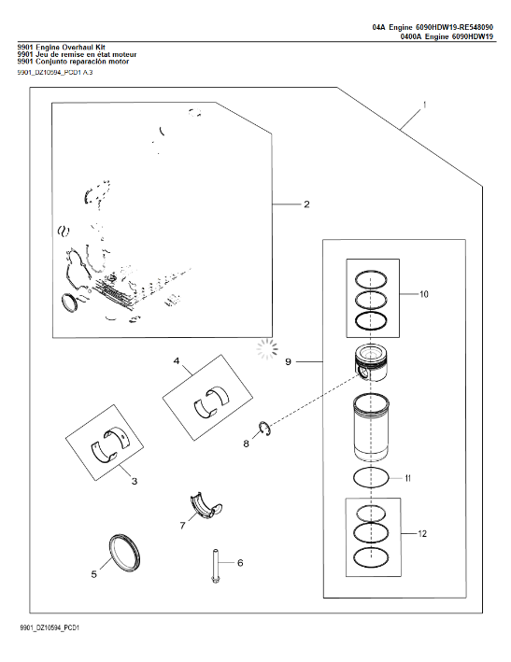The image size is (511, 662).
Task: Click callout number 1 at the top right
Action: [424, 105]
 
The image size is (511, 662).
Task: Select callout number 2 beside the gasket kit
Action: [306, 204]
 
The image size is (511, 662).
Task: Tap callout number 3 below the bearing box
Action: [135, 481]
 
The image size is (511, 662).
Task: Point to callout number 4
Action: [177, 361]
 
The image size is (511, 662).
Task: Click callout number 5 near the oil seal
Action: [94, 574]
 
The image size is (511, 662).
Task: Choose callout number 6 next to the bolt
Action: [240, 563]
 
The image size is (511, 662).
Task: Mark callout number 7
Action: [183, 526]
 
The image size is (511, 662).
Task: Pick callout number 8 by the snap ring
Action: [247, 444]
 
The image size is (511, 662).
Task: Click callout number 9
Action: [288, 362]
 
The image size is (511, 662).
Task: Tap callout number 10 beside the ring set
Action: [423, 294]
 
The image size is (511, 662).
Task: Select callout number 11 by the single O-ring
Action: [408, 478]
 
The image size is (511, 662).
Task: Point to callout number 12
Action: [422, 534]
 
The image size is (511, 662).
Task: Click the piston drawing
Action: [371, 363]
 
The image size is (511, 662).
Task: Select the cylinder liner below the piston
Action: [371, 428]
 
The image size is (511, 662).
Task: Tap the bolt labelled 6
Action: [215, 566]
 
